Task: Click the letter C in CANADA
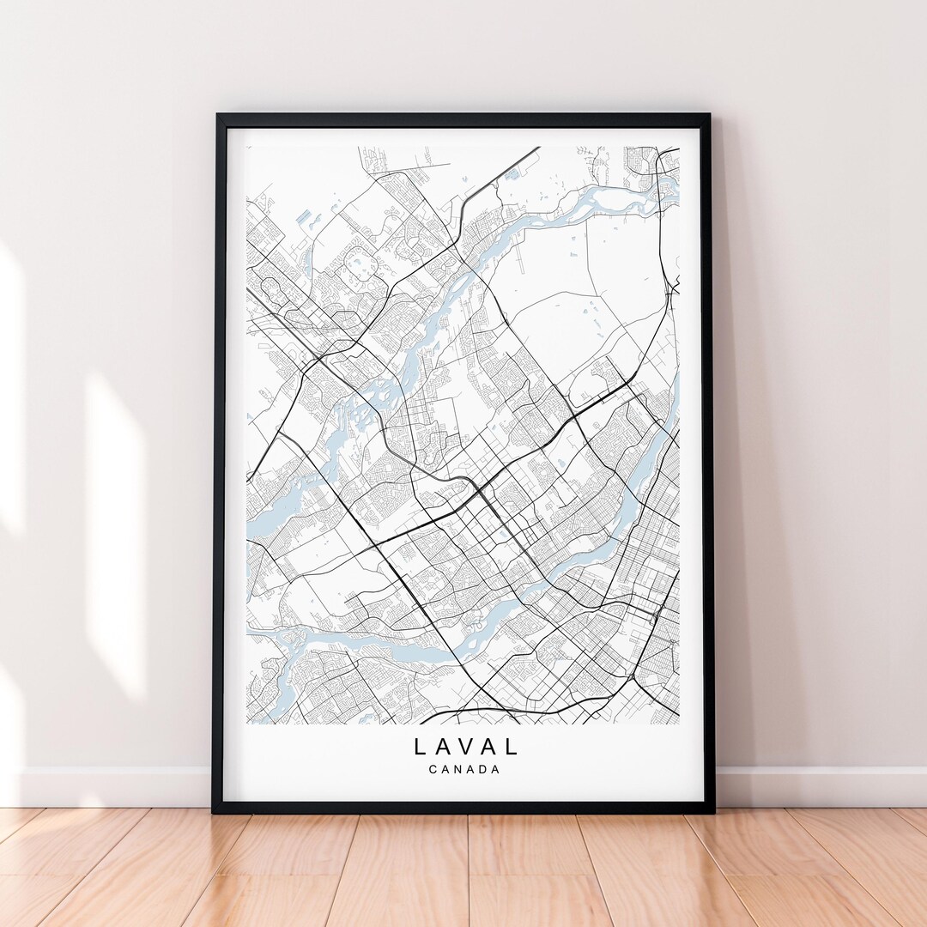(x=432, y=769)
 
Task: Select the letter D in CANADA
(x=482, y=769)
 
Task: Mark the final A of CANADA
(x=495, y=769)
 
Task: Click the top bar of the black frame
(x=463, y=120)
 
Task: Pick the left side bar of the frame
(x=218, y=463)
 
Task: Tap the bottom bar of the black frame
(x=463, y=807)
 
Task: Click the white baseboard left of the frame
(x=112, y=786)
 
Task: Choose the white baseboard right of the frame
(x=815, y=786)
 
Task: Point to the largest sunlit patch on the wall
(x=115, y=532)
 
